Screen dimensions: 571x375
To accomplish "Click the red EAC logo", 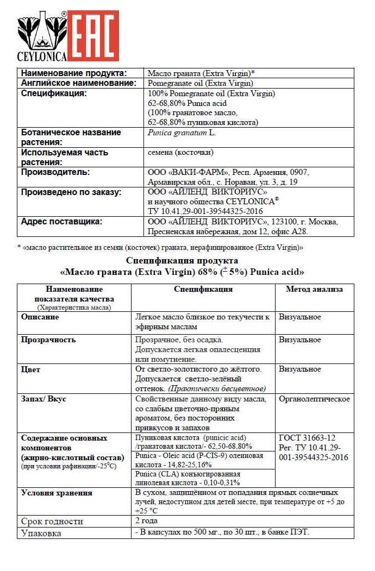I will coord(93,35).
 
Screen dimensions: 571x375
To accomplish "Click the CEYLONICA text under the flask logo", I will coord(42,57).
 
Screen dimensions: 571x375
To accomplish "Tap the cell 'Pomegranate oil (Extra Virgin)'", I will coord(201,83).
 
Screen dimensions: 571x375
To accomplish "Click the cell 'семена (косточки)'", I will coord(181,152).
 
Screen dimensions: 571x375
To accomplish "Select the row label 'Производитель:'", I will coord(56,172).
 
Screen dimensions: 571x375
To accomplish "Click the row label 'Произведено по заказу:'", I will coord(71,192).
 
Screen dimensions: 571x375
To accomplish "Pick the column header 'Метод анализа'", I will coord(314,289).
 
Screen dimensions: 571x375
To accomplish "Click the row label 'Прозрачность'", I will coord(48,340).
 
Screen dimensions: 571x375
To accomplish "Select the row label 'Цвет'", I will coord(30,369).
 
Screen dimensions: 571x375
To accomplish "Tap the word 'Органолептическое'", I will coord(314,399).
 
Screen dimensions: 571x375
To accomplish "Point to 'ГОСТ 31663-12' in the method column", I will coord(307,438).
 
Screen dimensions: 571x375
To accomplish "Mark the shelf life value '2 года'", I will coord(146,520).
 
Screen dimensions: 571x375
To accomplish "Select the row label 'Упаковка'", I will coord(41,533).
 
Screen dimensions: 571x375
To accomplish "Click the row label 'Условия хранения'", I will coord(57,493).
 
